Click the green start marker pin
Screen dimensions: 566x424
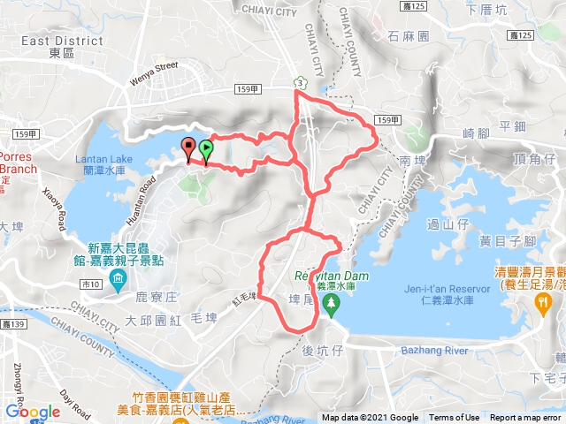coord(207,150)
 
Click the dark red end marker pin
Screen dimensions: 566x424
coord(188,148)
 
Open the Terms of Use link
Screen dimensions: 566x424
coord(455,418)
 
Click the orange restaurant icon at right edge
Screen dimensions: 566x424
coord(543,301)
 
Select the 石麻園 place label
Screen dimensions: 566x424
coord(409,37)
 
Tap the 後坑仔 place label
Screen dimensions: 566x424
coord(320,351)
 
